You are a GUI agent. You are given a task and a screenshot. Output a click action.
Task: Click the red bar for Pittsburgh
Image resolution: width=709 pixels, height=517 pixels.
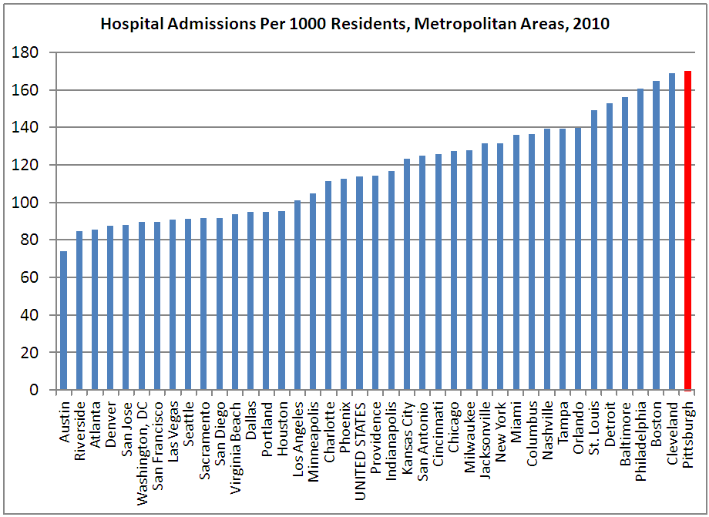(687, 231)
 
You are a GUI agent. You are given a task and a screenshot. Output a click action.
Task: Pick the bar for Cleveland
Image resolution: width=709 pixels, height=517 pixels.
(672, 232)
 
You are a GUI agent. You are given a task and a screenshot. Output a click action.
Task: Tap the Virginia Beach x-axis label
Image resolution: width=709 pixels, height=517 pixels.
(235, 441)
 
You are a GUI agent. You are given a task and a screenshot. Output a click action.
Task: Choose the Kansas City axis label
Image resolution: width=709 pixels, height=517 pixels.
(407, 436)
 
